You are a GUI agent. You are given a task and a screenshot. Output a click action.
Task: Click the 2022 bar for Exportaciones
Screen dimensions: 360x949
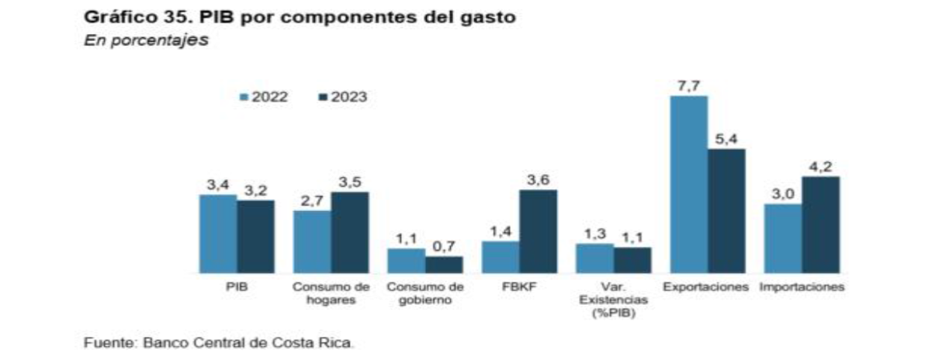[x=689, y=185]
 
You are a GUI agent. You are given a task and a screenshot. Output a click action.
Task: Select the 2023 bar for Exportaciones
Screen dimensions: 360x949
[x=726, y=211]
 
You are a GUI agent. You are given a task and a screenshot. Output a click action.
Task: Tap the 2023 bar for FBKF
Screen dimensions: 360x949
[x=538, y=231]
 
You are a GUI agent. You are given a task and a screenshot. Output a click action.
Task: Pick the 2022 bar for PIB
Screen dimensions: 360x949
[x=218, y=234]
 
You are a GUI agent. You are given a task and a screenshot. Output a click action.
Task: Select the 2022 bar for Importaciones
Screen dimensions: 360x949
[x=783, y=238]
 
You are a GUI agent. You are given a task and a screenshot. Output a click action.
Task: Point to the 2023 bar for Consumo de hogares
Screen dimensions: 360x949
[x=349, y=232]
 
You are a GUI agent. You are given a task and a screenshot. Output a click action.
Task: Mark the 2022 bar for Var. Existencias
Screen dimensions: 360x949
[x=594, y=258]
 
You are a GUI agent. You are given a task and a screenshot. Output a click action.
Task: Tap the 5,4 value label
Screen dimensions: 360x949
[x=726, y=138]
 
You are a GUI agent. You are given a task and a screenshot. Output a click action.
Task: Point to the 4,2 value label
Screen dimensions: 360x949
[x=821, y=166]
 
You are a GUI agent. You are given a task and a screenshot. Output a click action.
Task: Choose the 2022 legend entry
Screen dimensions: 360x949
[x=265, y=98]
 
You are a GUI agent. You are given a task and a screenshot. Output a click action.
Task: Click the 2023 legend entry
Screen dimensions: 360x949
[x=344, y=98]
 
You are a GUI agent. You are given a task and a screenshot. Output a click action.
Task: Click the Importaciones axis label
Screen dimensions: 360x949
[x=802, y=287]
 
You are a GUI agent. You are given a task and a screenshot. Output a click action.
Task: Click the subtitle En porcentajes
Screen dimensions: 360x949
[x=146, y=40]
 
